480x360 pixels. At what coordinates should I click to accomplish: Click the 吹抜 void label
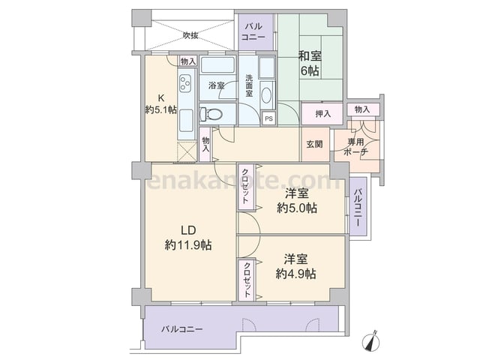[x=190, y=35]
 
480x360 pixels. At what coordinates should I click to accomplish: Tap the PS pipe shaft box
[x=268, y=118]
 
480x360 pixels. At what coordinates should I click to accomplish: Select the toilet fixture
[x=211, y=114]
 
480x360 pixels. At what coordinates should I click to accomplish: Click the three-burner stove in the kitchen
[x=186, y=83]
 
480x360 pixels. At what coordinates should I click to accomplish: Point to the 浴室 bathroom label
[x=217, y=85]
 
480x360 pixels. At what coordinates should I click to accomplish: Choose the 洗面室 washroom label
[x=249, y=85]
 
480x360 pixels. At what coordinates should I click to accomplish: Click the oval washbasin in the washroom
[x=267, y=95]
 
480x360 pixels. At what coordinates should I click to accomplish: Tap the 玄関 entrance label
[x=315, y=144]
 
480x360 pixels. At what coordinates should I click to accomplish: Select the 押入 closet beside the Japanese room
[x=322, y=114]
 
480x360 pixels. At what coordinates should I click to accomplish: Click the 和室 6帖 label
[x=310, y=63]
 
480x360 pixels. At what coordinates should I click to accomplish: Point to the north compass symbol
[x=370, y=341]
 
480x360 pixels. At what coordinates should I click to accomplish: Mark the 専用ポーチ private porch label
[x=355, y=147]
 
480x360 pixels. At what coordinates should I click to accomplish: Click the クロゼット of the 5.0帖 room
[x=246, y=187]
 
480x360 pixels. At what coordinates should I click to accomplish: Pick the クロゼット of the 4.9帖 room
[x=247, y=280]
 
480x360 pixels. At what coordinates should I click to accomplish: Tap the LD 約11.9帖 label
[x=188, y=238]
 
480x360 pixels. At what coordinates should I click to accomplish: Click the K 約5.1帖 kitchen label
[x=160, y=104]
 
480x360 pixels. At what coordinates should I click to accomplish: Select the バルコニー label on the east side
[x=358, y=207]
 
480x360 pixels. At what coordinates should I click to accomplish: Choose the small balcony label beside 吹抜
[x=253, y=31]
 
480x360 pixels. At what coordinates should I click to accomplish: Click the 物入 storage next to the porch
[x=363, y=109]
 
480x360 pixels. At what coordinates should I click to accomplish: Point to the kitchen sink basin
[x=186, y=120]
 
